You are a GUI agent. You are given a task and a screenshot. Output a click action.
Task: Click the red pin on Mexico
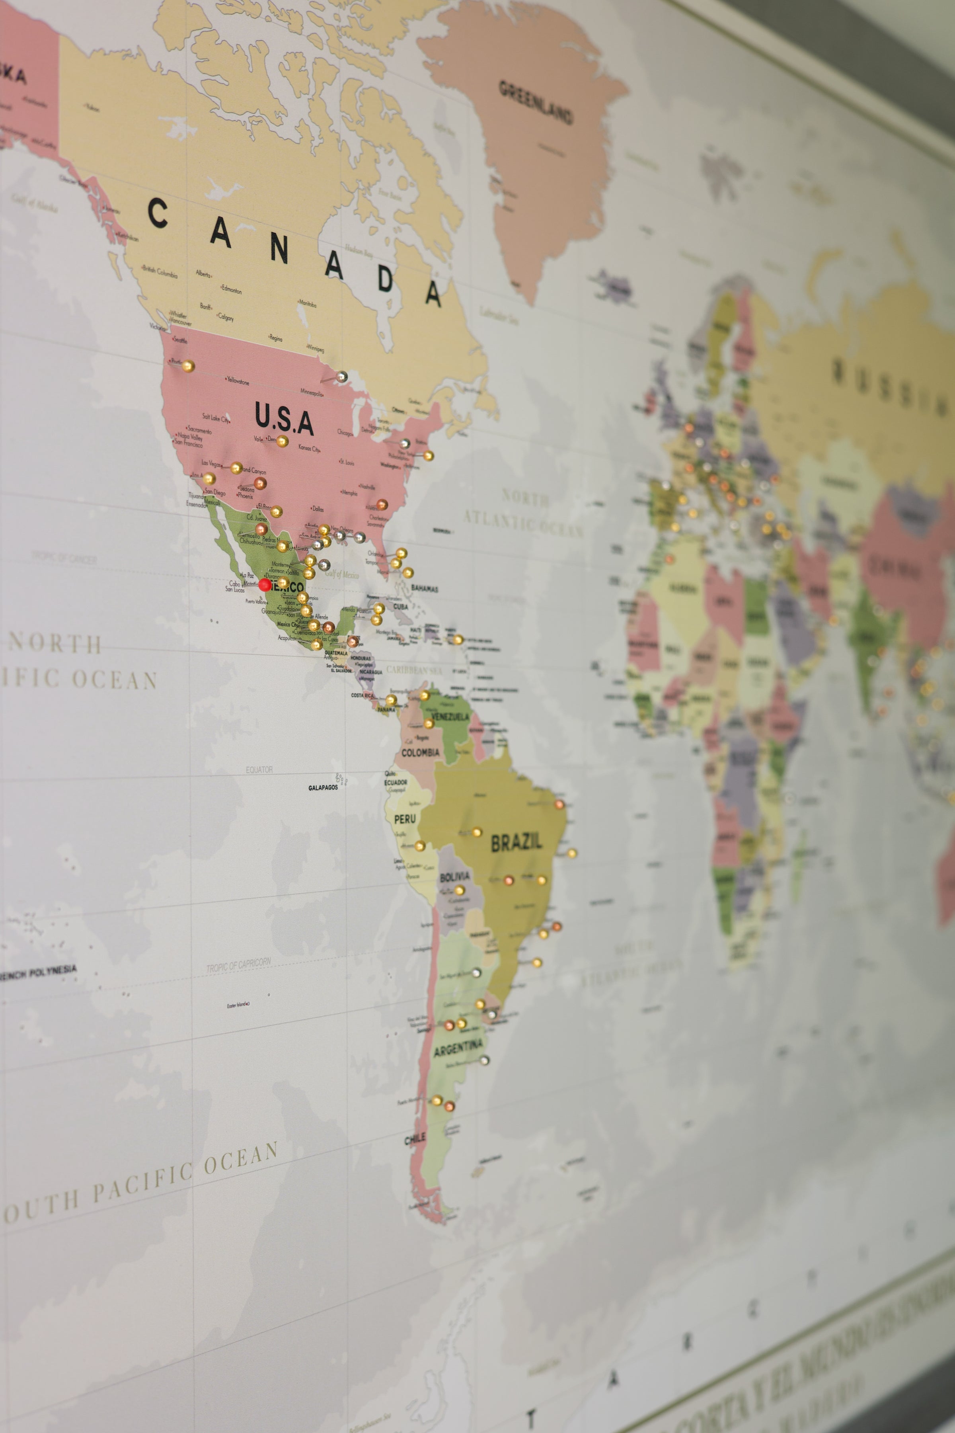click(x=264, y=585)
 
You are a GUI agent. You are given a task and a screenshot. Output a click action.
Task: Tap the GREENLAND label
click(x=536, y=102)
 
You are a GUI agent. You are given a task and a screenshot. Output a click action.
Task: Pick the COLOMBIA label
click(x=420, y=752)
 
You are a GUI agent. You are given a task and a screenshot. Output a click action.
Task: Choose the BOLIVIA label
click(x=454, y=877)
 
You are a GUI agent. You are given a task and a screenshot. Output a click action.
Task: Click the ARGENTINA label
click(x=458, y=1048)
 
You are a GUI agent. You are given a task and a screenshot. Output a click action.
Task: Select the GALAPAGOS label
click(x=323, y=788)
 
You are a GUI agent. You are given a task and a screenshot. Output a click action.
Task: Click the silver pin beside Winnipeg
click(x=342, y=377)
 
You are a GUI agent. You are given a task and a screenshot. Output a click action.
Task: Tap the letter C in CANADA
click(x=158, y=213)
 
